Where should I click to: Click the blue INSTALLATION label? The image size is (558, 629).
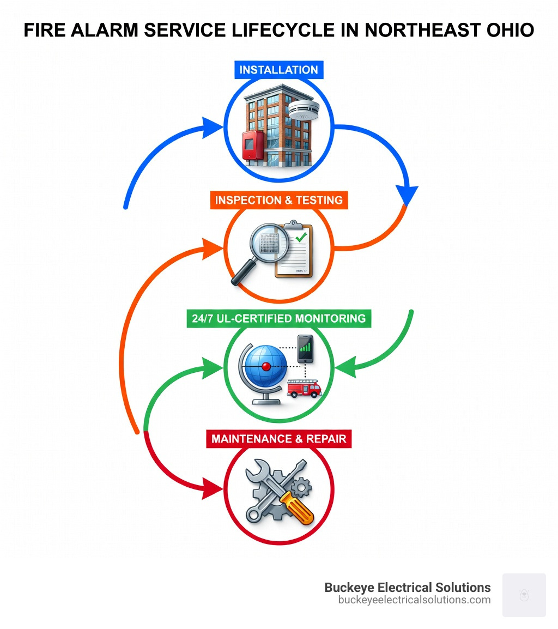pos(278,70)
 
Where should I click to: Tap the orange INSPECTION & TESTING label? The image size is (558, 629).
pos(278,199)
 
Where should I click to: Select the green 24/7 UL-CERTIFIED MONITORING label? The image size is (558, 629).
pos(278,318)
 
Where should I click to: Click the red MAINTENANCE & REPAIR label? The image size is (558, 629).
pos(278,438)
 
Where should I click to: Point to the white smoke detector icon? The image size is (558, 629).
pos(300,111)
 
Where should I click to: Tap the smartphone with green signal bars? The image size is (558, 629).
pos(305,349)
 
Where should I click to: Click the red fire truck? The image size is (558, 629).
pos(304,389)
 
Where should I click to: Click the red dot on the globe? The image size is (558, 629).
pos(266,366)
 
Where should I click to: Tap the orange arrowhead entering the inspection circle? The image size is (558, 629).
pos(213,249)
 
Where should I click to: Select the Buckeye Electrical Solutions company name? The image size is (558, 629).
pos(407,587)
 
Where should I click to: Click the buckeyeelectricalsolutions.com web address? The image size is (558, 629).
pos(414,600)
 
